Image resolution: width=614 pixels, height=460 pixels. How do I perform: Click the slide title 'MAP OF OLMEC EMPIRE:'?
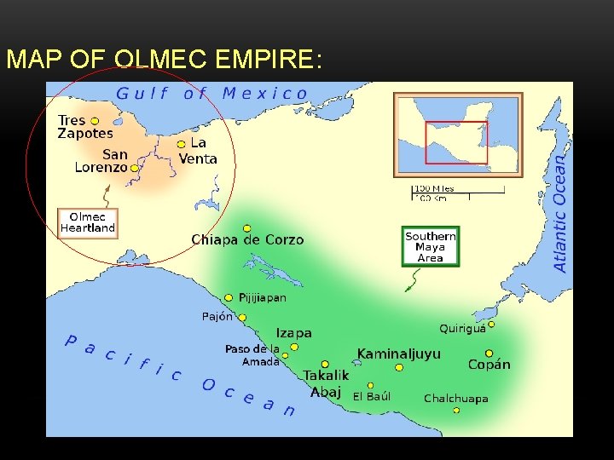pos(165,60)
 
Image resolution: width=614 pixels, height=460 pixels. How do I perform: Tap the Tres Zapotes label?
pos(84,127)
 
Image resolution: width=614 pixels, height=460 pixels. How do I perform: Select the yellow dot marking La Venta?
pos(182,145)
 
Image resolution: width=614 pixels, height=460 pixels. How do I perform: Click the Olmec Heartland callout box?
pos(87,222)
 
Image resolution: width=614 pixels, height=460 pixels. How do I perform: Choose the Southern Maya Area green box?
pos(431,247)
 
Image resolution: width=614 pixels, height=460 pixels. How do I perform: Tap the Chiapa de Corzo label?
pos(247,240)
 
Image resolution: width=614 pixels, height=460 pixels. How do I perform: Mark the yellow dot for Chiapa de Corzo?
pos(247,227)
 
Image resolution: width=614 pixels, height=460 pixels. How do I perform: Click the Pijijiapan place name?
pos(263,298)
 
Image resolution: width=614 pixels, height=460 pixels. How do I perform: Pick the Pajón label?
pos(217,316)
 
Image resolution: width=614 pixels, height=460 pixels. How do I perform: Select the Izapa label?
pos(294,333)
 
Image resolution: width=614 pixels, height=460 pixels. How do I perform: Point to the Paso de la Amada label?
pos(252,355)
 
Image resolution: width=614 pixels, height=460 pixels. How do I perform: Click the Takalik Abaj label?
pos(327,383)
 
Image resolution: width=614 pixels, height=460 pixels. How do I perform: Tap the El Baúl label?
pos(372,397)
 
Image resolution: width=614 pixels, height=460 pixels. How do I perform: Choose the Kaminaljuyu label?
pos(398,354)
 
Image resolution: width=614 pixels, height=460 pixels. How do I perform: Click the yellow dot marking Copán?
pos(489,353)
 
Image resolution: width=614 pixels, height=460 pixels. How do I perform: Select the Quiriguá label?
pos(462,328)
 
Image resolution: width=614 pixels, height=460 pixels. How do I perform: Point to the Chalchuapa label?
pos(456,398)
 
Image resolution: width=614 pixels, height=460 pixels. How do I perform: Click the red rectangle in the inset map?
pos(456,142)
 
